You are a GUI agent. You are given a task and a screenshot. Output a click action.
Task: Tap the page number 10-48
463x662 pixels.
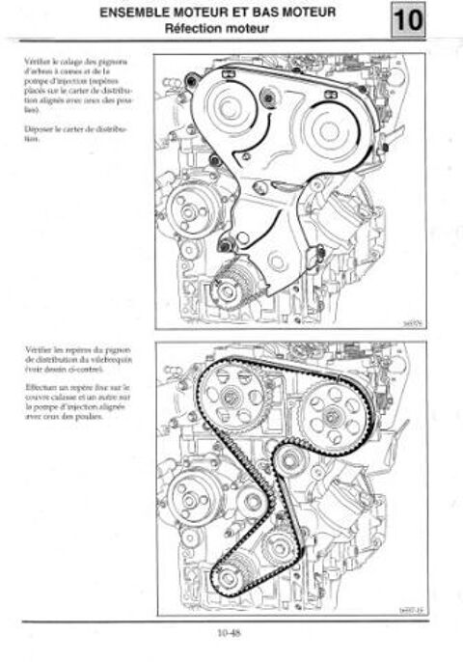click(231, 632)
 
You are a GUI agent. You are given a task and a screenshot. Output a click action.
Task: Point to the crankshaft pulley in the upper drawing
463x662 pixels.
click(230, 286)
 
